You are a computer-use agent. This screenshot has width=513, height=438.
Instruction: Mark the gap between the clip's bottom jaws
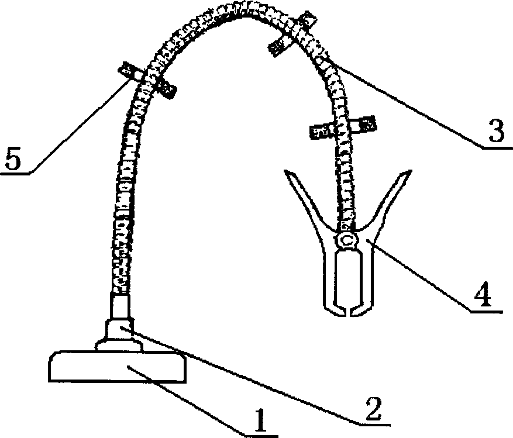pyautogui.click(x=349, y=309)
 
